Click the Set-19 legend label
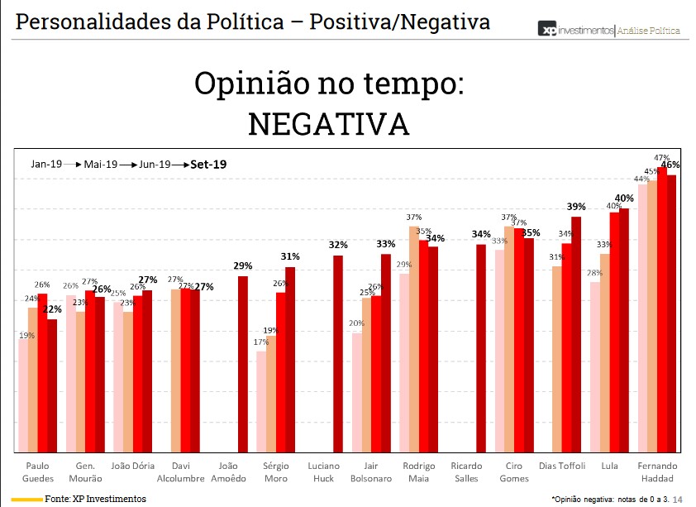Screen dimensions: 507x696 (208, 165)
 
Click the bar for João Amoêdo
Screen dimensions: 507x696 (242, 364)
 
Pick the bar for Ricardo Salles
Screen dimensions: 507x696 (480, 348)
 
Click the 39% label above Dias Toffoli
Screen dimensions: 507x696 (576, 207)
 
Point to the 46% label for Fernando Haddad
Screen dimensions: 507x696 (670, 165)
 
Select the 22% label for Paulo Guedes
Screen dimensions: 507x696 (51, 309)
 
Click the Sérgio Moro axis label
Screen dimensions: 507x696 (275, 472)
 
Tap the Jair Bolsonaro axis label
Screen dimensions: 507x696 (370, 472)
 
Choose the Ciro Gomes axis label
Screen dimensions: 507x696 (514, 472)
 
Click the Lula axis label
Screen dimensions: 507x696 (610, 466)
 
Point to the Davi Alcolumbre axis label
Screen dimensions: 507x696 (181, 472)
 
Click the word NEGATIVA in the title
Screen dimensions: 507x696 (329, 123)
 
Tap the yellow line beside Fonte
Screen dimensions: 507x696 (27, 500)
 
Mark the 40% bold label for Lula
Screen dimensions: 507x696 (624, 198)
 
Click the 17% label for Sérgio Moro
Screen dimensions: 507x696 (260, 342)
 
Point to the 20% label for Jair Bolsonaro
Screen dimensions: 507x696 (356, 323)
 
